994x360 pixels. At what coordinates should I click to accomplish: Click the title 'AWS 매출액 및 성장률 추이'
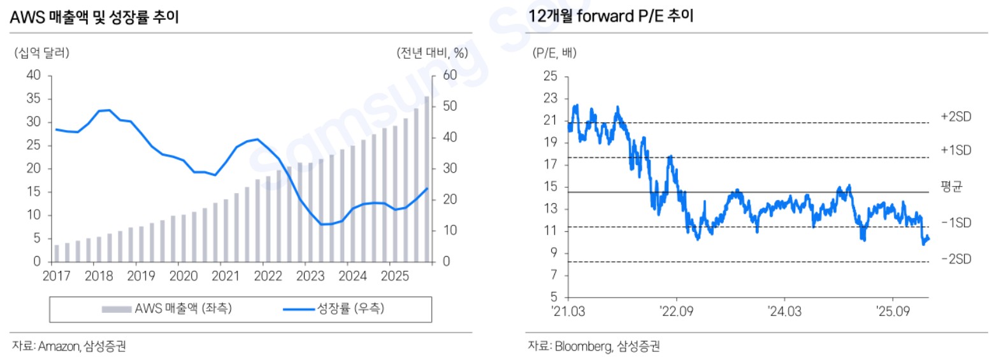coord(94,18)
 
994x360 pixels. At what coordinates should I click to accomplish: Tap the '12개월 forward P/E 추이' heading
coord(610,17)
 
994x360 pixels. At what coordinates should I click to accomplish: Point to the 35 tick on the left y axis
coord(33,99)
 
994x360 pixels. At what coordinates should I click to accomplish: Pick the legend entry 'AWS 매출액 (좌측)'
coord(167,309)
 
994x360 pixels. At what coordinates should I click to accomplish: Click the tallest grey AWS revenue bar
coord(427,178)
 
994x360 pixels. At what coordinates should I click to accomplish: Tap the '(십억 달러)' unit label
coord(41,53)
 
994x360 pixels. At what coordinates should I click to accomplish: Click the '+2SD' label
coord(955,117)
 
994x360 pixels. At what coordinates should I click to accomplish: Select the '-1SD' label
coord(955,223)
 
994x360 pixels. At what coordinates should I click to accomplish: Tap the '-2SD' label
coord(955,259)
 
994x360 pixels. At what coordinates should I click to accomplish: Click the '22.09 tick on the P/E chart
coord(676,312)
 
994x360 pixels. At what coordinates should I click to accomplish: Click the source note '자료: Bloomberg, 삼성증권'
coord(593,347)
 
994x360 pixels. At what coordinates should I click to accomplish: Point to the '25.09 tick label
coord(893,312)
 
